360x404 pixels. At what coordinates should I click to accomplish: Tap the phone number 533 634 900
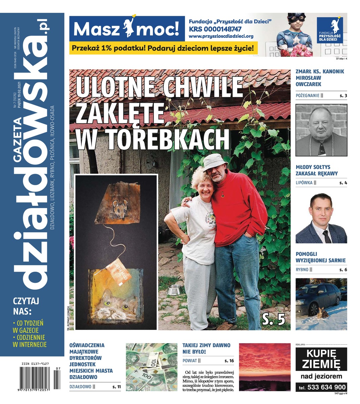pyautogui.click(x=321, y=387)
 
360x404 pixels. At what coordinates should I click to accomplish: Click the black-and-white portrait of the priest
pyautogui.click(x=321, y=130)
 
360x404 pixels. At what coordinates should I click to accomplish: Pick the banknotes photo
pyautogui.click(x=151, y=367)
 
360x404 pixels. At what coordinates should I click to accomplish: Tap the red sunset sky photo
pyautogui.click(x=264, y=367)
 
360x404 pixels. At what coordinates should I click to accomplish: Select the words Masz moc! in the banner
pyautogui.click(x=126, y=30)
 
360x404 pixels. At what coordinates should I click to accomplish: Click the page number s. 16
pyautogui.click(x=229, y=361)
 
